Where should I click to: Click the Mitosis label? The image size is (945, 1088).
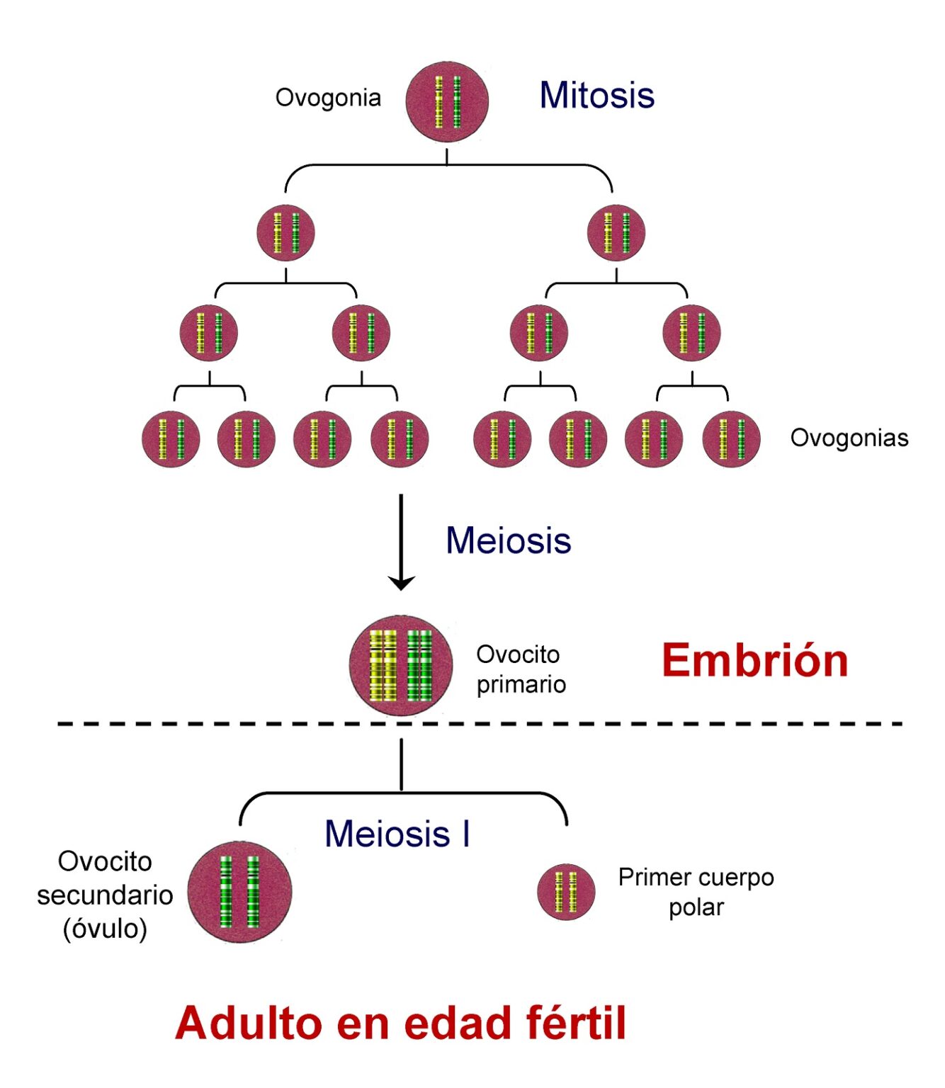596,95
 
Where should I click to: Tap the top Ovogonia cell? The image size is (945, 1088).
447,102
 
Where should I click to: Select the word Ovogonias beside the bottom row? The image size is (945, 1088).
849,438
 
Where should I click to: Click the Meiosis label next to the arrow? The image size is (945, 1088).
508,540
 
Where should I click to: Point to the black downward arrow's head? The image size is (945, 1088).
401,583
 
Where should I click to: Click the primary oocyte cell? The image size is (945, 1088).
401,665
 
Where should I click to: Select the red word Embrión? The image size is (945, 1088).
754,661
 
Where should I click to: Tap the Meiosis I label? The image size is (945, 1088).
397,834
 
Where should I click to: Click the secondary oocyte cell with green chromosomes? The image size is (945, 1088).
239,892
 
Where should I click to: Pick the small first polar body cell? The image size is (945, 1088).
565,892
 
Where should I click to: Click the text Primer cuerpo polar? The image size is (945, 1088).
696,892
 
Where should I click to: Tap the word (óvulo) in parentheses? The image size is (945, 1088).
105,929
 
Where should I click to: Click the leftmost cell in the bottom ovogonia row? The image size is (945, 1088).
171,439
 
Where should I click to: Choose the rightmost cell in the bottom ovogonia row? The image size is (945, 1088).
731,439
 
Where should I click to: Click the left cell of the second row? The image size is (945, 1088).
285,233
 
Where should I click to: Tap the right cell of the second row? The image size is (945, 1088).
616,233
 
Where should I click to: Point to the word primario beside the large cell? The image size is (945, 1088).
521,685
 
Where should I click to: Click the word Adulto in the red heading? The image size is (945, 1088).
249,1024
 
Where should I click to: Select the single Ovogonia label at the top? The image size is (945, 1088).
328,98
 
